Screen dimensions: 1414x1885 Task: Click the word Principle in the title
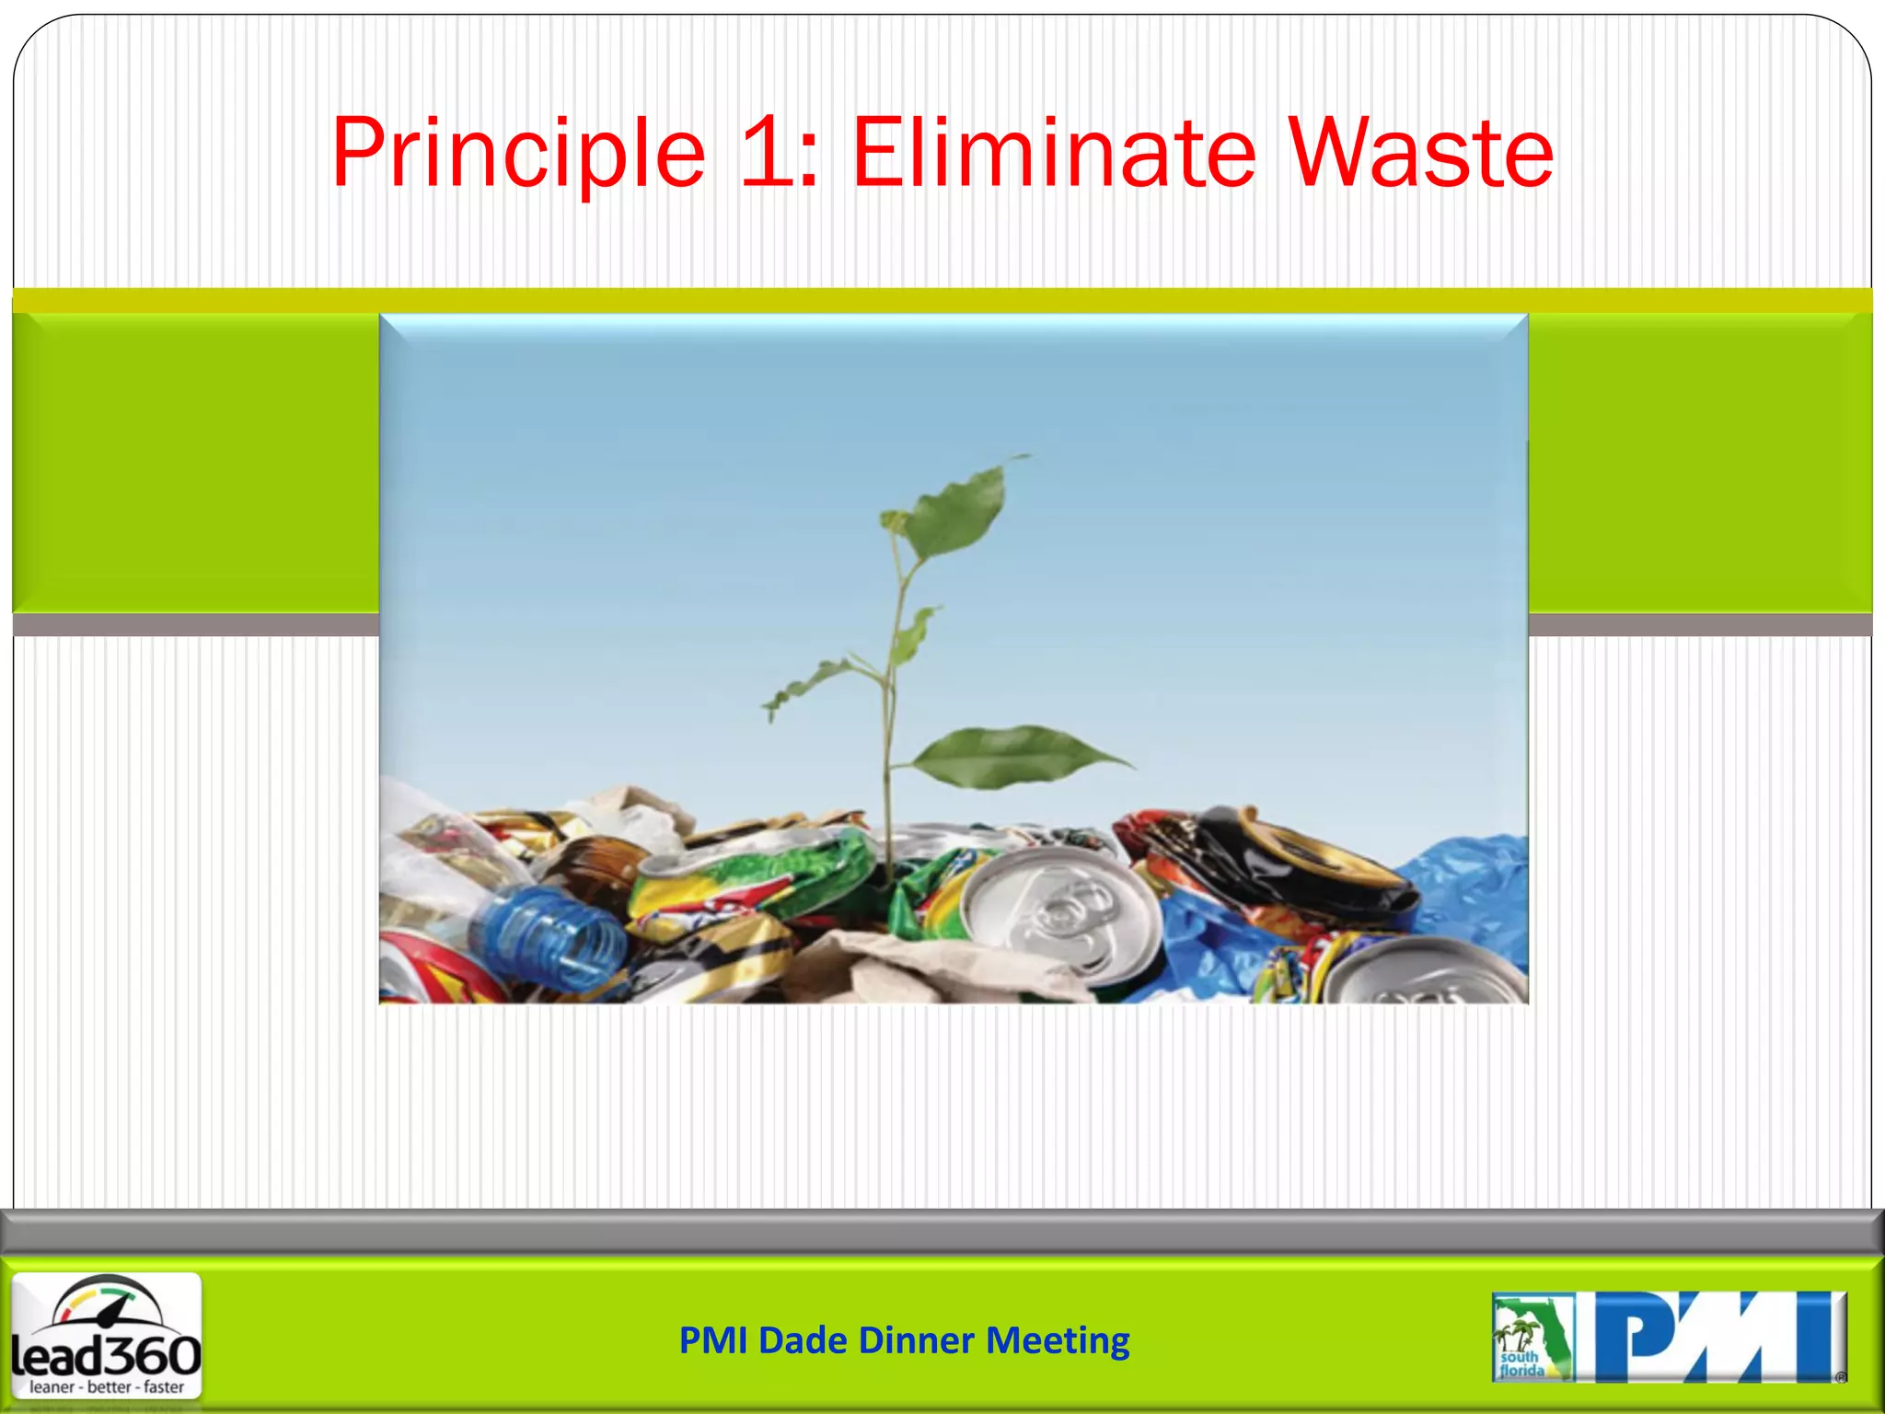pos(518,155)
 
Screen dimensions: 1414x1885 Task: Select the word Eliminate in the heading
pos(1053,153)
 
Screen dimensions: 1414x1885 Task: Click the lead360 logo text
pos(107,1355)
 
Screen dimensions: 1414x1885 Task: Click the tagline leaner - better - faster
pos(107,1387)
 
